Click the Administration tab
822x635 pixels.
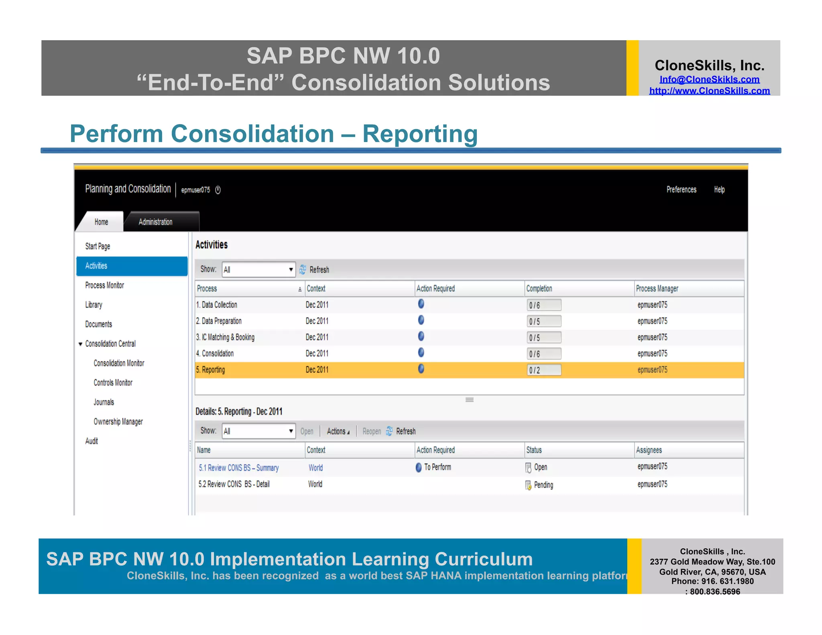coord(155,222)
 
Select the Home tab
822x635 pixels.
coord(101,222)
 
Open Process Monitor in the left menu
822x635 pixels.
coord(104,285)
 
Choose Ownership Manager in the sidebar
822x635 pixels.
coord(118,421)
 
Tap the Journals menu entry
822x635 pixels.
coord(104,402)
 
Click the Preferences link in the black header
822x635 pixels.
coord(681,189)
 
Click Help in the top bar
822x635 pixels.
coord(719,189)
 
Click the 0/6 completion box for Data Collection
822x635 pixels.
coord(543,305)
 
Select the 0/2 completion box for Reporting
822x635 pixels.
coord(543,370)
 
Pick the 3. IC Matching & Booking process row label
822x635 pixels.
coord(225,337)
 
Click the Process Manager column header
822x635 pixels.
coord(657,289)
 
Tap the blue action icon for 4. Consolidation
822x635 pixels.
coord(421,353)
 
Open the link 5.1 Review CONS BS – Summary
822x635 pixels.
coord(238,468)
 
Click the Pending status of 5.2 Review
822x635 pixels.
coord(543,485)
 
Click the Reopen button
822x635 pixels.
coord(371,431)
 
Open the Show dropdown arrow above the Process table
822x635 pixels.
coord(291,269)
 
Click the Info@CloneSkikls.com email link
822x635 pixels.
coord(709,79)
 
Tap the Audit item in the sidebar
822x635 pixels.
coord(92,441)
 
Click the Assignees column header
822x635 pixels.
coord(649,450)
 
